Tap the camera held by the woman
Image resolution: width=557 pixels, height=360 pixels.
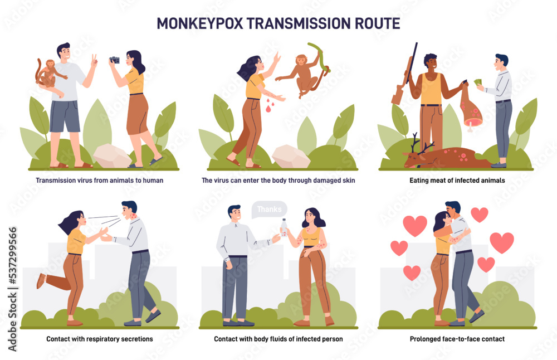click(x=115, y=60)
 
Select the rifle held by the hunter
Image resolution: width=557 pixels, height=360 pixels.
click(x=406, y=75)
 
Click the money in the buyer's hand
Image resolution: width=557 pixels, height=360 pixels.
click(x=478, y=82)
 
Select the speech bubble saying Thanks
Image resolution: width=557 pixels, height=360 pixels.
click(x=269, y=210)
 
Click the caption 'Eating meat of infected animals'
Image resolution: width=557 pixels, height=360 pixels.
click(x=456, y=181)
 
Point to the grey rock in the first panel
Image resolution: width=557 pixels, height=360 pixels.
click(x=112, y=155)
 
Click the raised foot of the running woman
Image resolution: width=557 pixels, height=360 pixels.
click(x=41, y=280)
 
